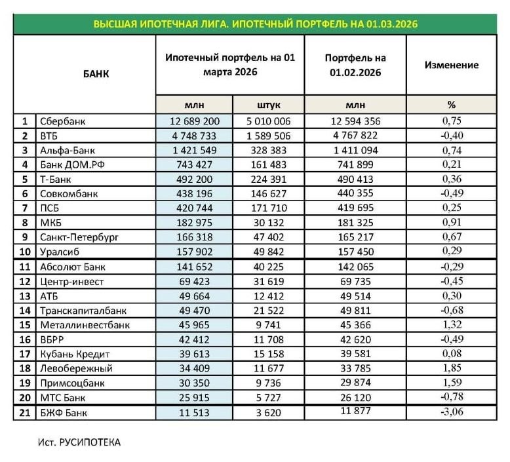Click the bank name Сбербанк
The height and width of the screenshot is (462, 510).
pyautogui.click(x=63, y=121)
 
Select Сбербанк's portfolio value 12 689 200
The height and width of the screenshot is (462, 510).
pyautogui.click(x=193, y=121)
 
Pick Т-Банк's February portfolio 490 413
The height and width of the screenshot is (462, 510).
pyautogui.click(x=355, y=179)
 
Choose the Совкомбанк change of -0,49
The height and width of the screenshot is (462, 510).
pyautogui.click(x=452, y=193)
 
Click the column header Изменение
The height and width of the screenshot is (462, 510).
pyautogui.click(x=452, y=65)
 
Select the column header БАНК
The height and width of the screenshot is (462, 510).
pyautogui.click(x=96, y=74)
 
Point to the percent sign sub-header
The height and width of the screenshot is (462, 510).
pyautogui.click(x=452, y=105)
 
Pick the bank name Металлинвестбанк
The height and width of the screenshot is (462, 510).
pyautogui.click(x=85, y=324)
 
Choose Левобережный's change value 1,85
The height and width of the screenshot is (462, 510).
pyautogui.click(x=452, y=368)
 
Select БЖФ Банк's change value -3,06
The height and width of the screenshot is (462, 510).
pyautogui.click(x=452, y=412)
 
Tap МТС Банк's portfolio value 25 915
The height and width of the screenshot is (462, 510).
pyautogui.click(x=193, y=397)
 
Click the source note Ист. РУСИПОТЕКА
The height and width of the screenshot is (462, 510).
pyautogui.click(x=79, y=442)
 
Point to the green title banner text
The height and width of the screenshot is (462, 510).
pyautogui.click(x=255, y=24)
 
